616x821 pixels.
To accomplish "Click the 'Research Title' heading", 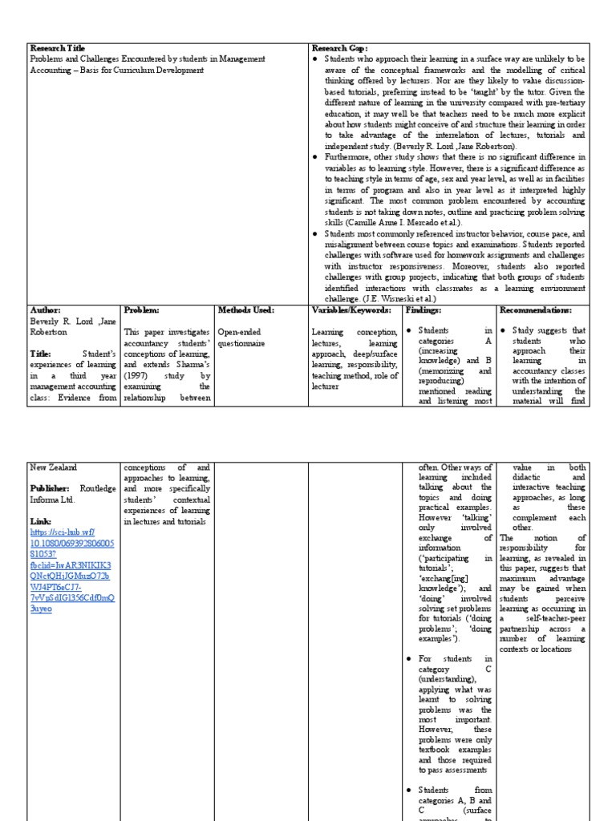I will (x=56, y=48).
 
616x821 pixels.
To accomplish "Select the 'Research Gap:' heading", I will (x=338, y=48).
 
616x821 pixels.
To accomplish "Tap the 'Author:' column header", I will (x=45, y=309).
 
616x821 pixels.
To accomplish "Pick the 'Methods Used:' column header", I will (x=246, y=309).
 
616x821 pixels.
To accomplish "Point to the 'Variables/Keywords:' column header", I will (x=351, y=309).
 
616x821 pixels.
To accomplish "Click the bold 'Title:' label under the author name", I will (x=41, y=353).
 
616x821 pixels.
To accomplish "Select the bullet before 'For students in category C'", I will (x=409, y=659).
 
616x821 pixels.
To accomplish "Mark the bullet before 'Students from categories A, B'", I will (x=409, y=790).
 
